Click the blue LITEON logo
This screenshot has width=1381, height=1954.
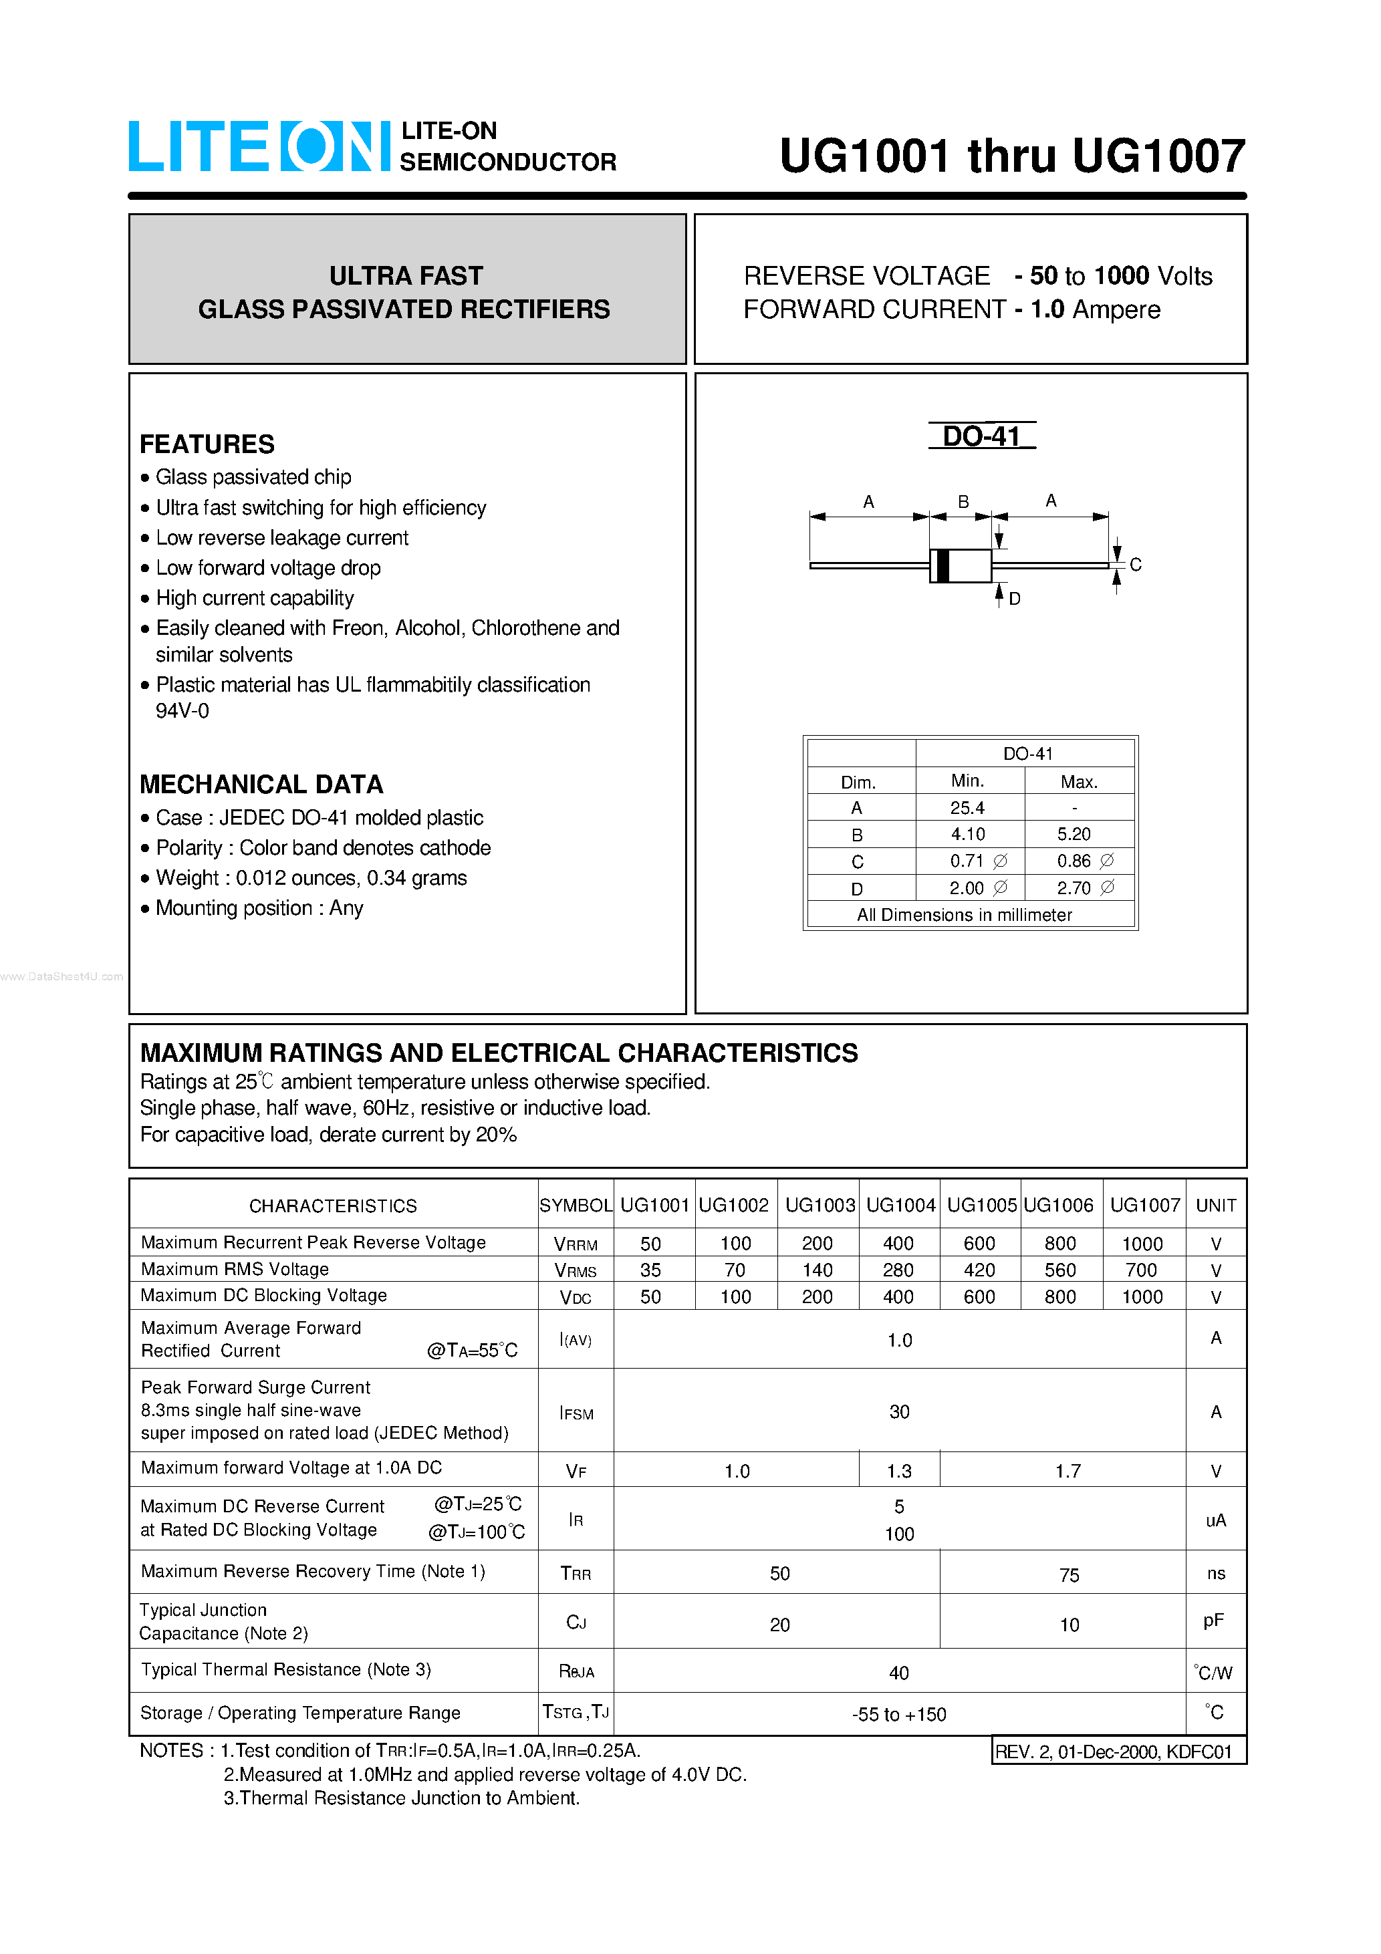pos(258,146)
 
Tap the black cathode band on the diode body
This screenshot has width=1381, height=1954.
pos(943,566)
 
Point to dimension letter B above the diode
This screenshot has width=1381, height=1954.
pos(963,501)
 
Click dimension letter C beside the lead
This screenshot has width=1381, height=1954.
pos(1135,565)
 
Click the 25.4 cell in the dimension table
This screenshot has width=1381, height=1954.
pos(967,808)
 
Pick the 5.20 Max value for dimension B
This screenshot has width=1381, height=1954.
pos(1074,834)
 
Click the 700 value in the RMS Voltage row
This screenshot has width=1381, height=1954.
pos(1141,1270)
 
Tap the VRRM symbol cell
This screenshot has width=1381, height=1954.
pos(576,1244)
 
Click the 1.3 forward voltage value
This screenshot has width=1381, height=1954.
pos(899,1472)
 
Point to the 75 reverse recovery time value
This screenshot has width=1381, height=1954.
pos(1069,1575)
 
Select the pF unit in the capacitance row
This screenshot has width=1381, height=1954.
pos(1214,1621)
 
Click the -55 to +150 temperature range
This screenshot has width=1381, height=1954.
pos(899,1715)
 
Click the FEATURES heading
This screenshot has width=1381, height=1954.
pos(207,444)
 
